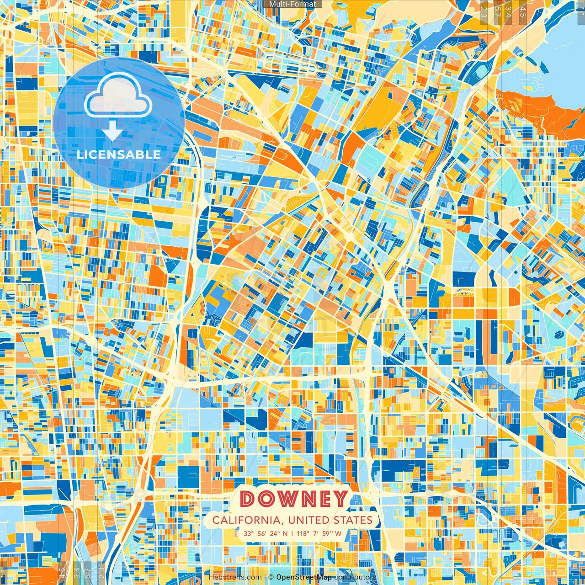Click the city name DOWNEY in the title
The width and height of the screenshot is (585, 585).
tap(293, 499)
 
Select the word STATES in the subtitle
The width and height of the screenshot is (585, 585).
tap(352, 520)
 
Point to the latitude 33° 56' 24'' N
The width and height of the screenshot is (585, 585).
tap(266, 533)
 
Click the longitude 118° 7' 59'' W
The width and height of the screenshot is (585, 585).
tap(319, 533)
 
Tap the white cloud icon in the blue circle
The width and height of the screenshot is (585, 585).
tap(118, 95)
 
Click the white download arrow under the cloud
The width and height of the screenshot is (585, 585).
tap(112, 132)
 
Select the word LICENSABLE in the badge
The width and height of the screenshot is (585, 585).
tap(119, 154)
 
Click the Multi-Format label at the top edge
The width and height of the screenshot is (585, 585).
tap(292, 4)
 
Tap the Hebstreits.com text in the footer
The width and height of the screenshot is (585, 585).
tap(235, 577)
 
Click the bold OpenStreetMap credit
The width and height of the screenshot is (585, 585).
tap(304, 577)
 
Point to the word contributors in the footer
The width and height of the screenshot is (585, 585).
tap(355, 577)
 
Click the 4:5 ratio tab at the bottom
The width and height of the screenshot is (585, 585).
tap(62, 572)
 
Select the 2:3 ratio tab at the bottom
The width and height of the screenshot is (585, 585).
tap(101, 572)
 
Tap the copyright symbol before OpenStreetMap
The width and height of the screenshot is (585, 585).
tap(271, 577)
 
